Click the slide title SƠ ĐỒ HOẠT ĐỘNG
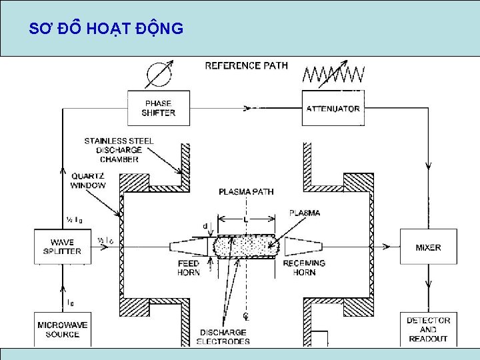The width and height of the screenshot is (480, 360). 107,29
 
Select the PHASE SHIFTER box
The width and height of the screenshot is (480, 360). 159,108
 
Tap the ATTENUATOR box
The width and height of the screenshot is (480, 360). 333,109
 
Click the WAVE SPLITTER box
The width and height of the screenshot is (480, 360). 62,247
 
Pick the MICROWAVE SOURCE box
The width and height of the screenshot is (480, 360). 62,330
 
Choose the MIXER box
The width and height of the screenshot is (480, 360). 428,247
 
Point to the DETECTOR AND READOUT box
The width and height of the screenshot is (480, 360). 428,329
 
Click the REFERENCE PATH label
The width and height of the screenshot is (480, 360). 246,65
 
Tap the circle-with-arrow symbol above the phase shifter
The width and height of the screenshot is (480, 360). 158,75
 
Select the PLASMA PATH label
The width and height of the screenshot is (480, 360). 246,192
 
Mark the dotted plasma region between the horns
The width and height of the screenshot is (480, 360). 245,246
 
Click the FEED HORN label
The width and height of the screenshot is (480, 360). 188,267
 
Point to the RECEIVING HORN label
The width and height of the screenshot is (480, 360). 304,267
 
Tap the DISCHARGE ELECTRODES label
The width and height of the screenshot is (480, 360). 223,337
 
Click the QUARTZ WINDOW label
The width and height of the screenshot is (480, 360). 88,180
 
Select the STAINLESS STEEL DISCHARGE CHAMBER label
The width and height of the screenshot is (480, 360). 119,150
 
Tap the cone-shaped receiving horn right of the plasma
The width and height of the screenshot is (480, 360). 302,247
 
